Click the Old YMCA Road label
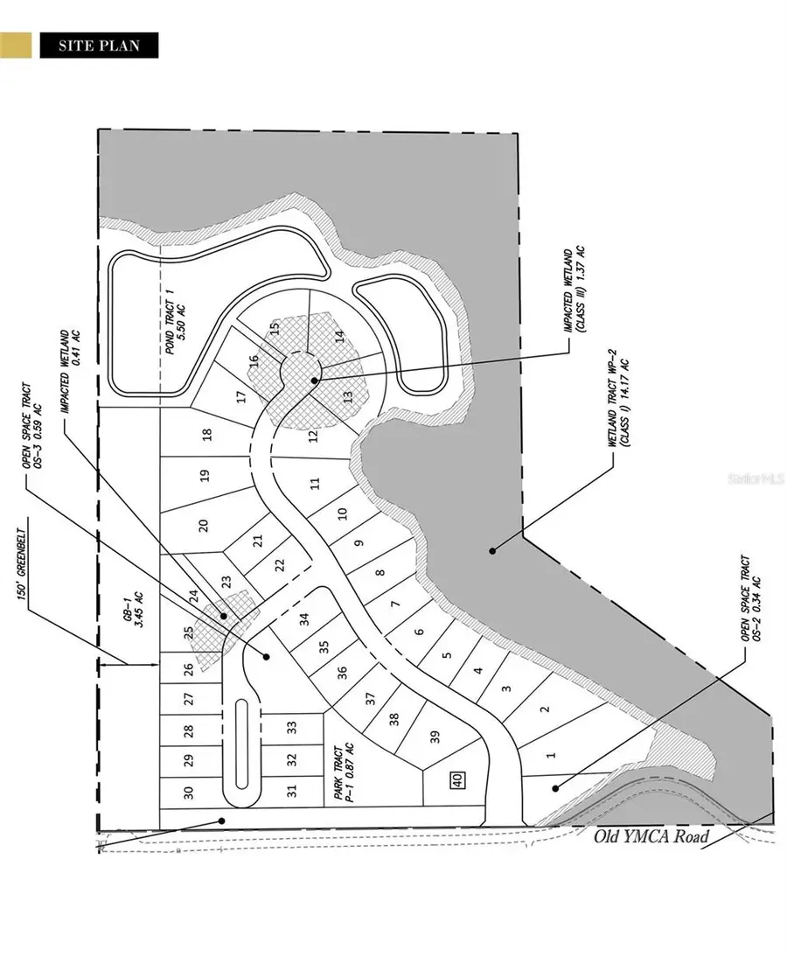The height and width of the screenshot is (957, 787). click(x=651, y=835)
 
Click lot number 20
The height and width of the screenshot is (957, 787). click(x=203, y=525)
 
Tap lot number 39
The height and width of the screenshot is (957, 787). click(x=435, y=737)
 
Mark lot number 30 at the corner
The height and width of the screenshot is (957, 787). click(x=187, y=793)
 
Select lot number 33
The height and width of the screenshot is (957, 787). click(x=292, y=725)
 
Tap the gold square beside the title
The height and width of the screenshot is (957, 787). click(x=16, y=45)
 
